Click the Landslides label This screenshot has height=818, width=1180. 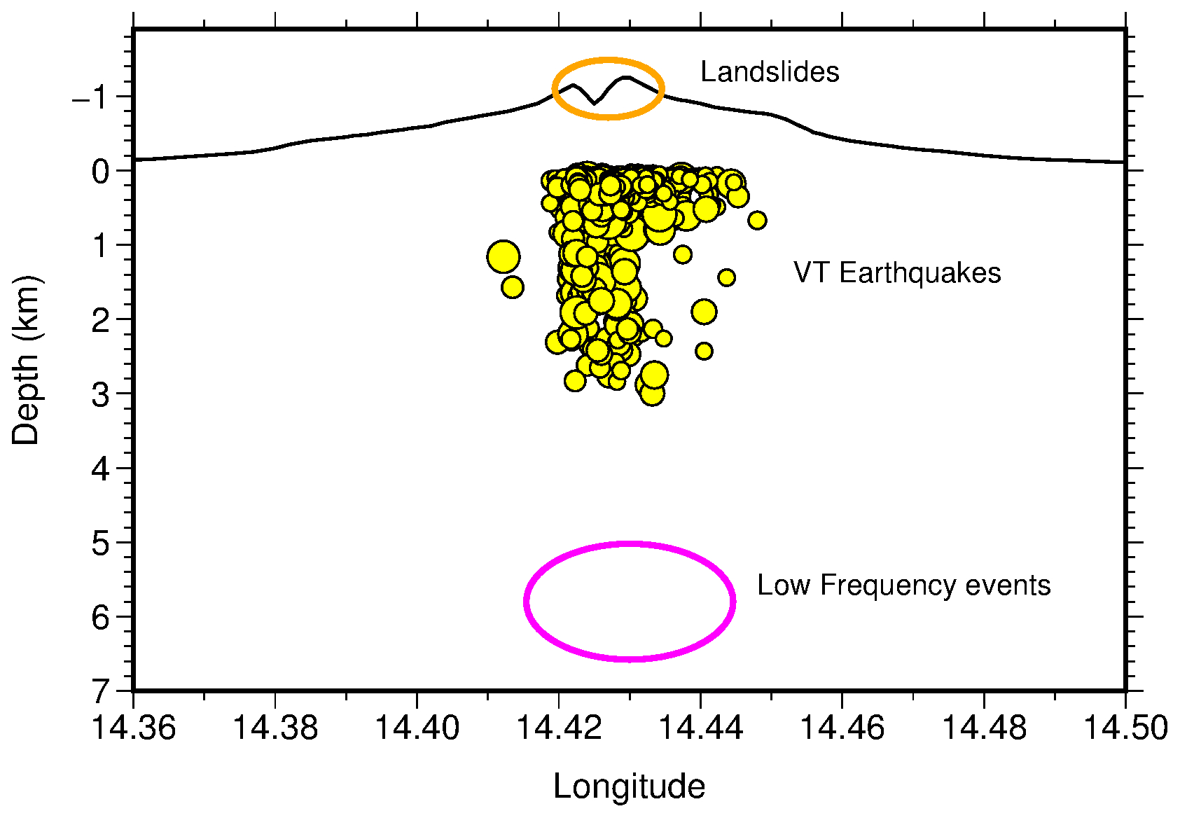[x=769, y=72]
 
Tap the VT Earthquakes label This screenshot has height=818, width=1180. [x=896, y=273]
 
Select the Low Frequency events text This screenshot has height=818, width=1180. [x=903, y=585]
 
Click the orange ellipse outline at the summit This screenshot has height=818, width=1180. [x=608, y=60]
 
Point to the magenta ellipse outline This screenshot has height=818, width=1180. [x=630, y=543]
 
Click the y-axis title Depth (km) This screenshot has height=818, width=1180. [x=27, y=361]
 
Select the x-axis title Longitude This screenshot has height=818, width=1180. [x=629, y=786]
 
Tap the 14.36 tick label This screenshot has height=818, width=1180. [x=133, y=728]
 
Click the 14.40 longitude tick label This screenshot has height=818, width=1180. [x=417, y=728]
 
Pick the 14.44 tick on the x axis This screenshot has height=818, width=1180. [x=700, y=728]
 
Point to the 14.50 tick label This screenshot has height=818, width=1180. [x=1125, y=728]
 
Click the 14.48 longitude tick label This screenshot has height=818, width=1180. [x=983, y=728]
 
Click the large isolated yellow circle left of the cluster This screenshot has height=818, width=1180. [x=503, y=256]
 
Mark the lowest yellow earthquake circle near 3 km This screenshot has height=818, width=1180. [x=652, y=394]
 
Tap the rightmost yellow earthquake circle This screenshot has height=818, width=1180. [x=756, y=221]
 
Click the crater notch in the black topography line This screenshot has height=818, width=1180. [x=595, y=103]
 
